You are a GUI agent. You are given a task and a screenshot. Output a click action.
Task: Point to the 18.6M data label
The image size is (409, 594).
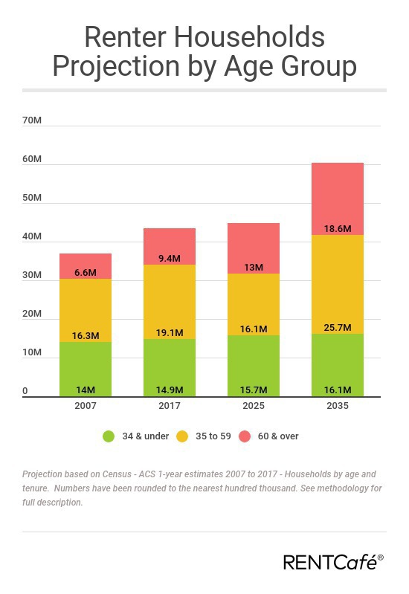pos(338,228)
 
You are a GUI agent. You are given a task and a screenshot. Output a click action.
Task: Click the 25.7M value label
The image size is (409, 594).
pos(338,327)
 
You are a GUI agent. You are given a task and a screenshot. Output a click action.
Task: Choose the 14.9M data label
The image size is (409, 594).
pos(170,390)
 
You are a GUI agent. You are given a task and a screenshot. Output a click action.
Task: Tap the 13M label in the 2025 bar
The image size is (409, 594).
pos(254,267)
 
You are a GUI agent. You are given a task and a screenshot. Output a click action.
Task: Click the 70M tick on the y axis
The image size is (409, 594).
pos(32,120)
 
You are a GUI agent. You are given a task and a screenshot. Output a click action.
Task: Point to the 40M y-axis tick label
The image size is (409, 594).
pos(32,237)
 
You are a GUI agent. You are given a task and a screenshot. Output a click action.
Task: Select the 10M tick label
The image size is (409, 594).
pos(32,353)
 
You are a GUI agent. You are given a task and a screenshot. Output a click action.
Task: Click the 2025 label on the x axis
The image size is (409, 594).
pos(254,407)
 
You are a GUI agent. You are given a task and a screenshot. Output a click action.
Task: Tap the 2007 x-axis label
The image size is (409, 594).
pos(86,407)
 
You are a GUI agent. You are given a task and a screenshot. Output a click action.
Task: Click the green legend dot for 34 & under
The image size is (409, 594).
pos(109,436)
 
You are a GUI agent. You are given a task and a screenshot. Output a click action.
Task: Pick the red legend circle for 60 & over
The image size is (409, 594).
pos(245,436)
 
